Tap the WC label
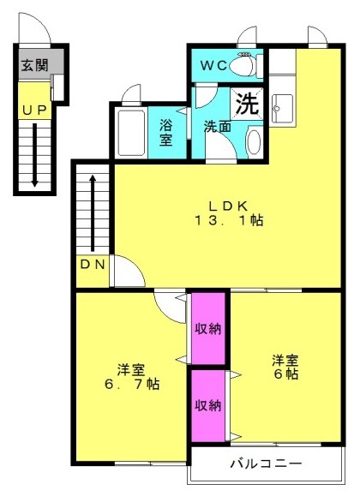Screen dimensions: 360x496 coord(214,65)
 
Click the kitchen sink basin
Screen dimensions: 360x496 coord(282,109)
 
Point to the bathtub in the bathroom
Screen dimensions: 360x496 coord(131,133)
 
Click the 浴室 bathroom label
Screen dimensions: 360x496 coord(165,132)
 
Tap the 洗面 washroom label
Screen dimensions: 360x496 coord(217,126)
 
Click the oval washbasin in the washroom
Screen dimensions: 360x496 coord(254,142)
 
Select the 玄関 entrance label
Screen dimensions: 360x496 coord(34,65)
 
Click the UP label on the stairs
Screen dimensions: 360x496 coord(34,110)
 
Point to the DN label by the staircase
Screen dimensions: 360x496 coord(92,264)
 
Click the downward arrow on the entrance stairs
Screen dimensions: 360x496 coord(34,155)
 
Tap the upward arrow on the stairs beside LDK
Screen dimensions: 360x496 coord(93,213)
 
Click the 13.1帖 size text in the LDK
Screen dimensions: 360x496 coord(229,220)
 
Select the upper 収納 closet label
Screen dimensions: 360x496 coord(207,329)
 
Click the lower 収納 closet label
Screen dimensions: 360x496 coord(207,405)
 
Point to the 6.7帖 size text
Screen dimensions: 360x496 coord(132,384)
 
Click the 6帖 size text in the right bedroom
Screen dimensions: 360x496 coord(285,374)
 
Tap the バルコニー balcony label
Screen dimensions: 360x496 coord(266,464)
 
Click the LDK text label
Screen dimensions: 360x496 coord(228,206)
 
